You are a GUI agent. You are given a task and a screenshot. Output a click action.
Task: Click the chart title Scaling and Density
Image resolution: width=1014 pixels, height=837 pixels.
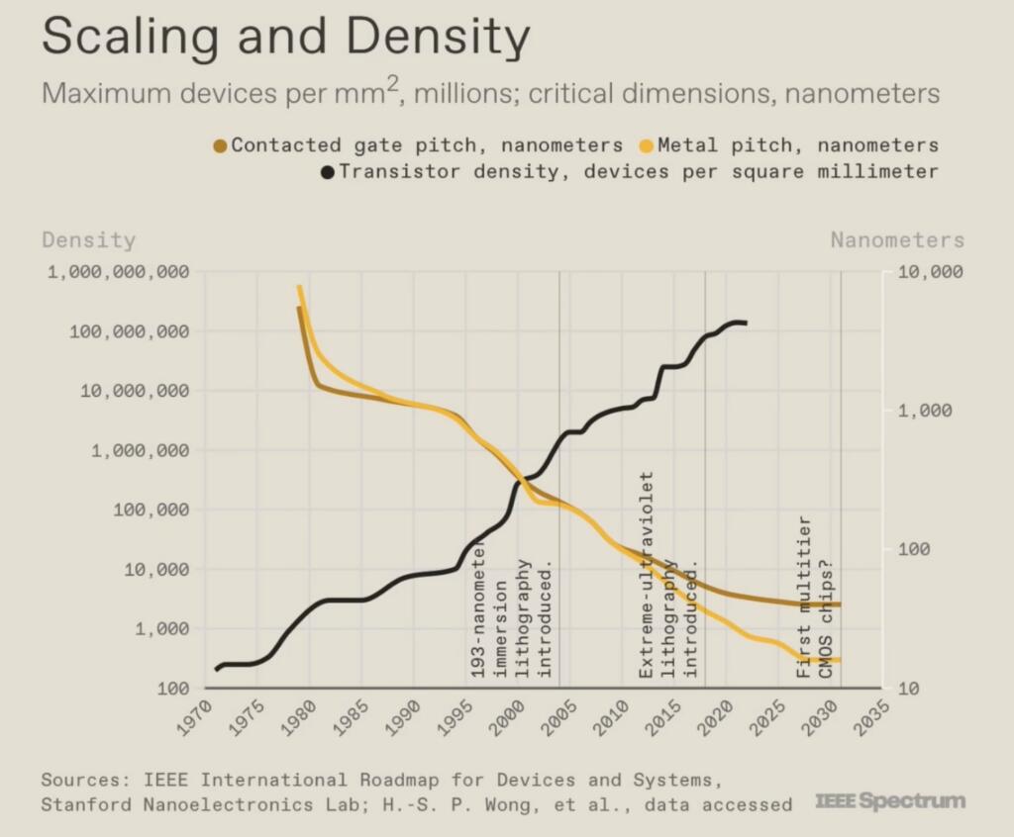285,38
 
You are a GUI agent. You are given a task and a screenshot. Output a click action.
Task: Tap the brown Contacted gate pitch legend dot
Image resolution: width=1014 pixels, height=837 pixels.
220,146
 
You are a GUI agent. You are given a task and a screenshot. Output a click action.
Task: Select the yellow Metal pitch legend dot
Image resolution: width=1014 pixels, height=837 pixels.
646,146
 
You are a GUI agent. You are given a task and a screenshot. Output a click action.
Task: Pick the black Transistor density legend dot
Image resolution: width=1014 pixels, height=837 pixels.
326,172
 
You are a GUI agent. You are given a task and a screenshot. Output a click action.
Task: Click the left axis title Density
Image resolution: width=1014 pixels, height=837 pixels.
88,240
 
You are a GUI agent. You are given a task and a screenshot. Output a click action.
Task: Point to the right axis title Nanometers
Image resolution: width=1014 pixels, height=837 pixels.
896,240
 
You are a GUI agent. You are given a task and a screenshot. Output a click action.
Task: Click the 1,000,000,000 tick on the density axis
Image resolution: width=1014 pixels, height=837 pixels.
118,272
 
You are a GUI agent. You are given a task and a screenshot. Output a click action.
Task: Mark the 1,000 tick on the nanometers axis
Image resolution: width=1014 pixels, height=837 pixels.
929,411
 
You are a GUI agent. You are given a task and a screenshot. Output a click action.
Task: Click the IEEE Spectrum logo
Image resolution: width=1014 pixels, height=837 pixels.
889,800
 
